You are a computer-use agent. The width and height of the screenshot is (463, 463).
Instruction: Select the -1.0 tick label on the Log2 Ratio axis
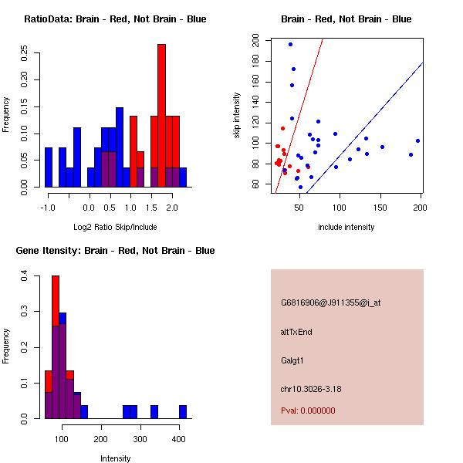[48, 208]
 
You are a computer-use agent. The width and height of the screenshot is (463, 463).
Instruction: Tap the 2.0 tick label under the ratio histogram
[172, 208]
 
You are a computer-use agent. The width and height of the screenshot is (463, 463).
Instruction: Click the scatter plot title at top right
[346, 19]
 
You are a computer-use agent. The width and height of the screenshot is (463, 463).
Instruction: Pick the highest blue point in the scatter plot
[290, 44]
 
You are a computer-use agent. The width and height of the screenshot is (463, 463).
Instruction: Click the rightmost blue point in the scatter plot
[417, 140]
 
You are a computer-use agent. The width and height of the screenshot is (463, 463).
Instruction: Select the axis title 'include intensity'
[346, 227]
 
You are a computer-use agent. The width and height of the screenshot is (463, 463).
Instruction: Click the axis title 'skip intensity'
[238, 116]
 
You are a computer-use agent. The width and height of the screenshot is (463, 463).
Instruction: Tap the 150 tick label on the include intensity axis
[380, 208]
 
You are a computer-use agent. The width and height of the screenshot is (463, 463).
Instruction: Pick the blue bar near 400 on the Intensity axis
[183, 412]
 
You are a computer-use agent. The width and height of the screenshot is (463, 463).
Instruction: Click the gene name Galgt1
[293, 360]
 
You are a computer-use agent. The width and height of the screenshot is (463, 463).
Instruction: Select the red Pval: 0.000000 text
[313, 411]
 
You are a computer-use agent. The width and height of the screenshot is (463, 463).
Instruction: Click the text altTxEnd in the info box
[296, 332]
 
